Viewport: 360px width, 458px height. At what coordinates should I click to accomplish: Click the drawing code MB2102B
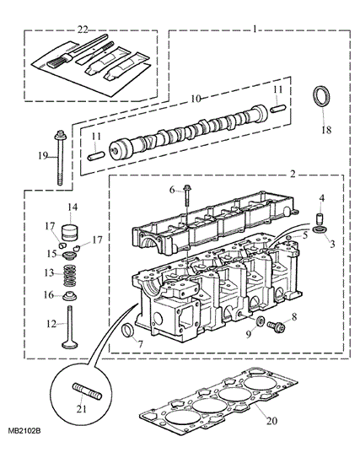click(24, 431)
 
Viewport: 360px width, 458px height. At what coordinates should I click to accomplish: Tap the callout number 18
click(326, 130)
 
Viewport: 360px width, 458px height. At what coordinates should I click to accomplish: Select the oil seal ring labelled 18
click(322, 97)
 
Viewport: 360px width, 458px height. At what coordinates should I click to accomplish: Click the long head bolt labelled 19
click(60, 158)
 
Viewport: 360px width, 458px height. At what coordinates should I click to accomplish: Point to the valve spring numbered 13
click(69, 276)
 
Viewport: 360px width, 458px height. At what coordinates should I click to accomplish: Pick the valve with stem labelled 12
click(70, 327)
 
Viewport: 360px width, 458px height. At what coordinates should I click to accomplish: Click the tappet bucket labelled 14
click(70, 232)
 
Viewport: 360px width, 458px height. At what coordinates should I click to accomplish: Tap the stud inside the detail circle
click(87, 391)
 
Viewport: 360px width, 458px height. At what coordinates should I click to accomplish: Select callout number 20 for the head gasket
click(271, 421)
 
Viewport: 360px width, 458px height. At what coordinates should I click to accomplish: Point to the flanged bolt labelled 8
click(276, 326)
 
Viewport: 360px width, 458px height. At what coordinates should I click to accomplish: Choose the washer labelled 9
click(261, 321)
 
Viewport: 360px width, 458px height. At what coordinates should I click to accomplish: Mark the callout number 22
click(83, 30)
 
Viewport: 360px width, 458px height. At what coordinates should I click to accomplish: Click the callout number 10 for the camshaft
click(196, 99)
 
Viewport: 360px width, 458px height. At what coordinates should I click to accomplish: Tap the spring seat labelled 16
click(70, 296)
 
